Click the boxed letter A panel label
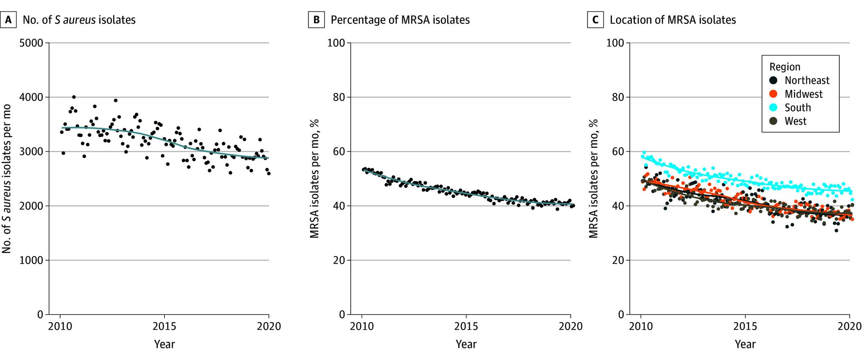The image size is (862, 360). pos(8,20)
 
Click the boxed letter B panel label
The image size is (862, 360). pos(317,20)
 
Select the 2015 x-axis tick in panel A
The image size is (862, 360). pos(164,326)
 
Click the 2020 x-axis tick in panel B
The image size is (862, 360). pos(570,326)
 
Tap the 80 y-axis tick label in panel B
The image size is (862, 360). pos(339,97)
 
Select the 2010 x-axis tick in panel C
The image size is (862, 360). pos(641,326)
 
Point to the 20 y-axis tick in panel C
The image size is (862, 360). pos(618,260)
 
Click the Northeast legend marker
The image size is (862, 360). pos(773,80)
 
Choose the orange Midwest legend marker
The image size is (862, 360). pos(773,94)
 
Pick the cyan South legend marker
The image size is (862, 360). pos(773,107)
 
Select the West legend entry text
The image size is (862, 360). pos(795,121)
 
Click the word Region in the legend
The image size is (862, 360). pos(785,67)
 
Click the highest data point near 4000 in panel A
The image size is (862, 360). pos(74,97)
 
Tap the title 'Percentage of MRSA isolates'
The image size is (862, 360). pos(400,20)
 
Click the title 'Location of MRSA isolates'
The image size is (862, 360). pos(673,20)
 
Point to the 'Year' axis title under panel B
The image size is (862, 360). pos(466,344)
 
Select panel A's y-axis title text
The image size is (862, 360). pos(7,179)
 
